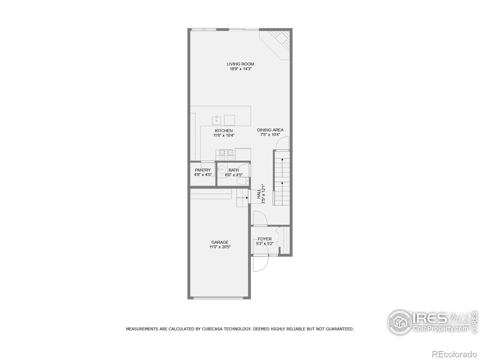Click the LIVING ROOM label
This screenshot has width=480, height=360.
[x=240, y=64]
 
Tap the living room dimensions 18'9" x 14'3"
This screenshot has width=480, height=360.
[x=240, y=69]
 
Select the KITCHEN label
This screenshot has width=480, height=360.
[x=223, y=131]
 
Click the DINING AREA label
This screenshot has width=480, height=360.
[x=270, y=130]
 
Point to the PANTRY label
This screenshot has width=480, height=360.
[x=203, y=170]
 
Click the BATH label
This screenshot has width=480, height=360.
[x=234, y=170]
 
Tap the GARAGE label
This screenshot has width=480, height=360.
[x=220, y=242]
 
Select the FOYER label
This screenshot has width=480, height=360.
[x=265, y=239]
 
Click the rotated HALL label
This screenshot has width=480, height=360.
[x=259, y=193]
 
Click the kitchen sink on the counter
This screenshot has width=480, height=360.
[x=217, y=120]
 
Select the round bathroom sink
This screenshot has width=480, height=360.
[x=222, y=169]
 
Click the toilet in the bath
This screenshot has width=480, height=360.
[x=242, y=181]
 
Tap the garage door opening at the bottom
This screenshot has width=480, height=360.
[x=218, y=298]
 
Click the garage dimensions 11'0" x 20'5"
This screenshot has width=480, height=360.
[x=220, y=247]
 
